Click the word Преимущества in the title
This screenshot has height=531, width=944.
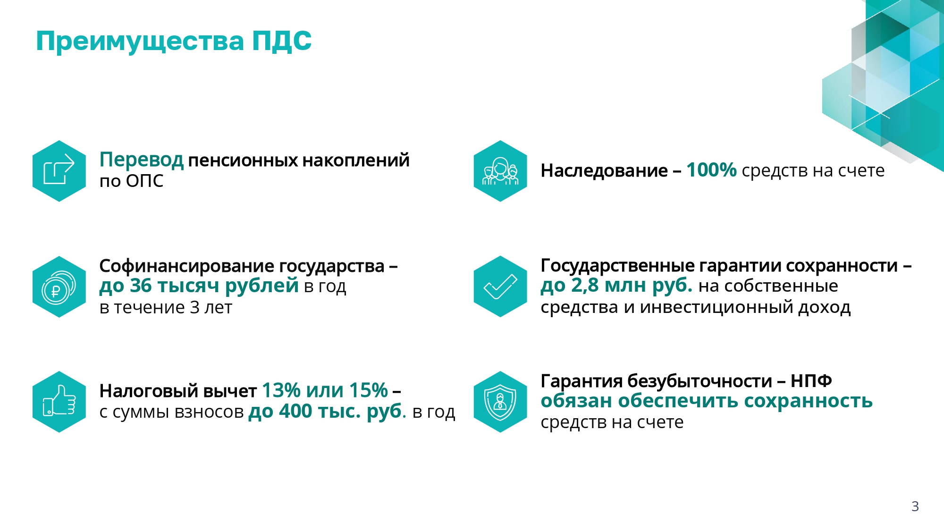140,42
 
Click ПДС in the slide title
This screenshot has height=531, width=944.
282,41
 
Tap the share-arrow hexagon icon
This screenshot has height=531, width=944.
59,171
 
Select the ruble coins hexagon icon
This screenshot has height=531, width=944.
59,287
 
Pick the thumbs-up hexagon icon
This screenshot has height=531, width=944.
59,402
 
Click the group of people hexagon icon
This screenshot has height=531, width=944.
500,171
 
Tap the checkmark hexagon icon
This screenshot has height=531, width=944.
500,287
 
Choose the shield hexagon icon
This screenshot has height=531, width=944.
500,402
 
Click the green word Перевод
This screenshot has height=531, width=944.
142,160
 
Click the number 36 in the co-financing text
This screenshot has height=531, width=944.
141,286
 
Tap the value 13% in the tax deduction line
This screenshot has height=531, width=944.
281,390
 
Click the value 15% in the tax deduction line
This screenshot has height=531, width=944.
368,390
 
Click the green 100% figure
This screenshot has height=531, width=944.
711,170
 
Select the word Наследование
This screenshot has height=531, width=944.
604,170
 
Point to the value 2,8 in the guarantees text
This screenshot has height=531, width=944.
585,286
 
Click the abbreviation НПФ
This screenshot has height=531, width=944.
811,380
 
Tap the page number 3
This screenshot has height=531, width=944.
915,506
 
